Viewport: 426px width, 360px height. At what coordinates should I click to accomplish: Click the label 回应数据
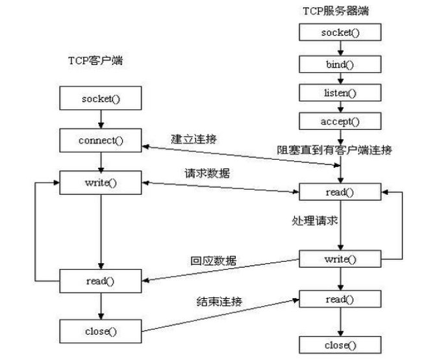[213, 261]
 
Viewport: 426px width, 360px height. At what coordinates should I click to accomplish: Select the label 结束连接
[218, 301]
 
